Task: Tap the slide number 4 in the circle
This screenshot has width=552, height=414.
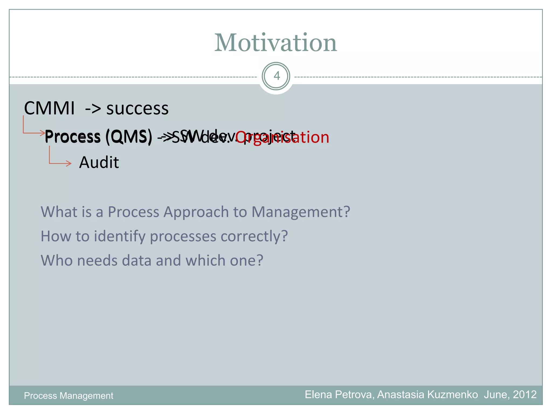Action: pyautogui.click(x=276, y=76)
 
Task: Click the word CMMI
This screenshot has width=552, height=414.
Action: pyautogui.click(x=49, y=108)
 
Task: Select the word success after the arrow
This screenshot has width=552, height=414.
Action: pyautogui.click(x=137, y=109)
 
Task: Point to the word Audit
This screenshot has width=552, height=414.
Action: pyautogui.click(x=99, y=163)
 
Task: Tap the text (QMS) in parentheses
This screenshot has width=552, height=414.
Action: pyautogui.click(x=129, y=137)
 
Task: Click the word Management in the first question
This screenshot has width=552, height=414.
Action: pyautogui.click(x=301, y=212)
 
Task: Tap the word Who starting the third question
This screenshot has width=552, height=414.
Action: pyautogui.click(x=56, y=261)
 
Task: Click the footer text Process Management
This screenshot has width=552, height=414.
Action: pyautogui.click(x=68, y=396)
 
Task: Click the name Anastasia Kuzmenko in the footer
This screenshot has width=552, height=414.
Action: pyautogui.click(x=427, y=395)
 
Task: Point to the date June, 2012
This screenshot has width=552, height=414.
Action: pyautogui.click(x=510, y=395)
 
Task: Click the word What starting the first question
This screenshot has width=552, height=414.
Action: pyautogui.click(x=59, y=212)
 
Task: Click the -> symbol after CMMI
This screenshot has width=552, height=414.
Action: pyautogui.click(x=93, y=109)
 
